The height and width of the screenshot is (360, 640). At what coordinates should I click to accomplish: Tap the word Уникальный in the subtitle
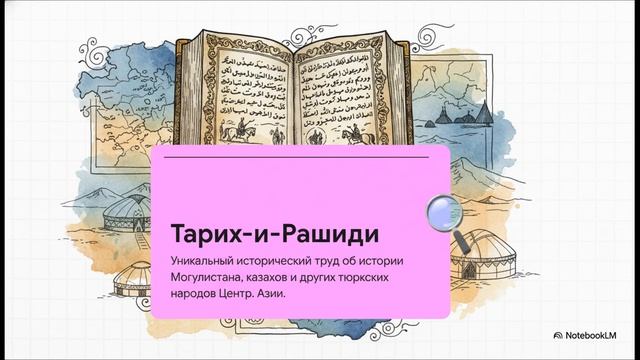point(204,261)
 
